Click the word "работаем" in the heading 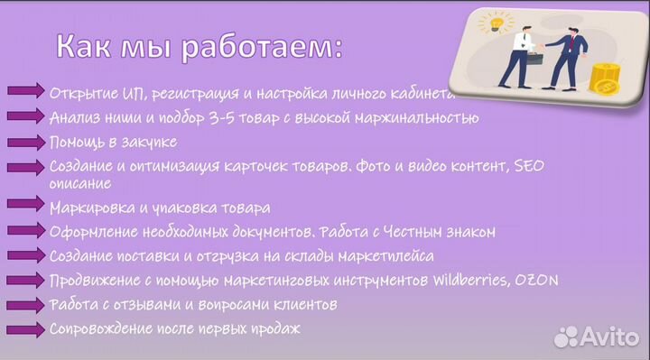[x=261, y=47]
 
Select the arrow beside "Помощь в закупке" [x=26, y=143]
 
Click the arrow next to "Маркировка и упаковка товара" [x=26, y=207]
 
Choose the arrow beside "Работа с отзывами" [x=26, y=304]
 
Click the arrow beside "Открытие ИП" [x=26, y=92]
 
